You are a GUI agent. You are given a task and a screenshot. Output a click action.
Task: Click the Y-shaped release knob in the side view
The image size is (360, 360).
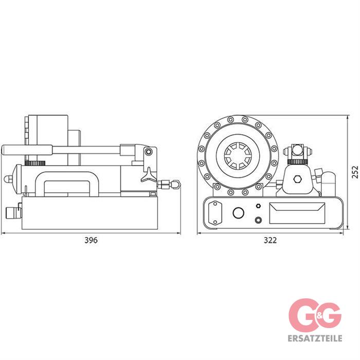coord(148,175)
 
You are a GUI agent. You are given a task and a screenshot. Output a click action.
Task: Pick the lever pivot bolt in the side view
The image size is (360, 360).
coord(149,152)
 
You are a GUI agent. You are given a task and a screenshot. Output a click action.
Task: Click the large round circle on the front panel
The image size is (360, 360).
coord(238,212)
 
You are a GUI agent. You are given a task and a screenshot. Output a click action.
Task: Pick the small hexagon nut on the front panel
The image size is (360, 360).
coord(258,206)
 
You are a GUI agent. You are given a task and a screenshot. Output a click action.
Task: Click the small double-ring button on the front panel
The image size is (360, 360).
coord(258,220)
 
